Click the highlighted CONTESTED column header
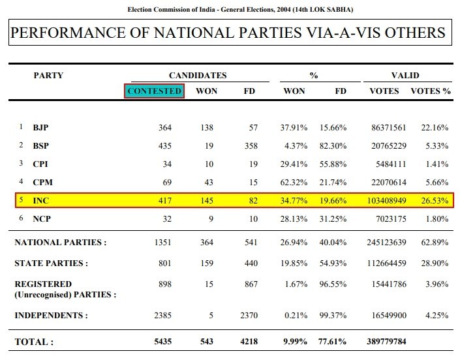click(x=154, y=91)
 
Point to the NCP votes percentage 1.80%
click(x=437, y=218)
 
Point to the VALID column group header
click(x=405, y=76)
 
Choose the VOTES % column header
click(x=430, y=91)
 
